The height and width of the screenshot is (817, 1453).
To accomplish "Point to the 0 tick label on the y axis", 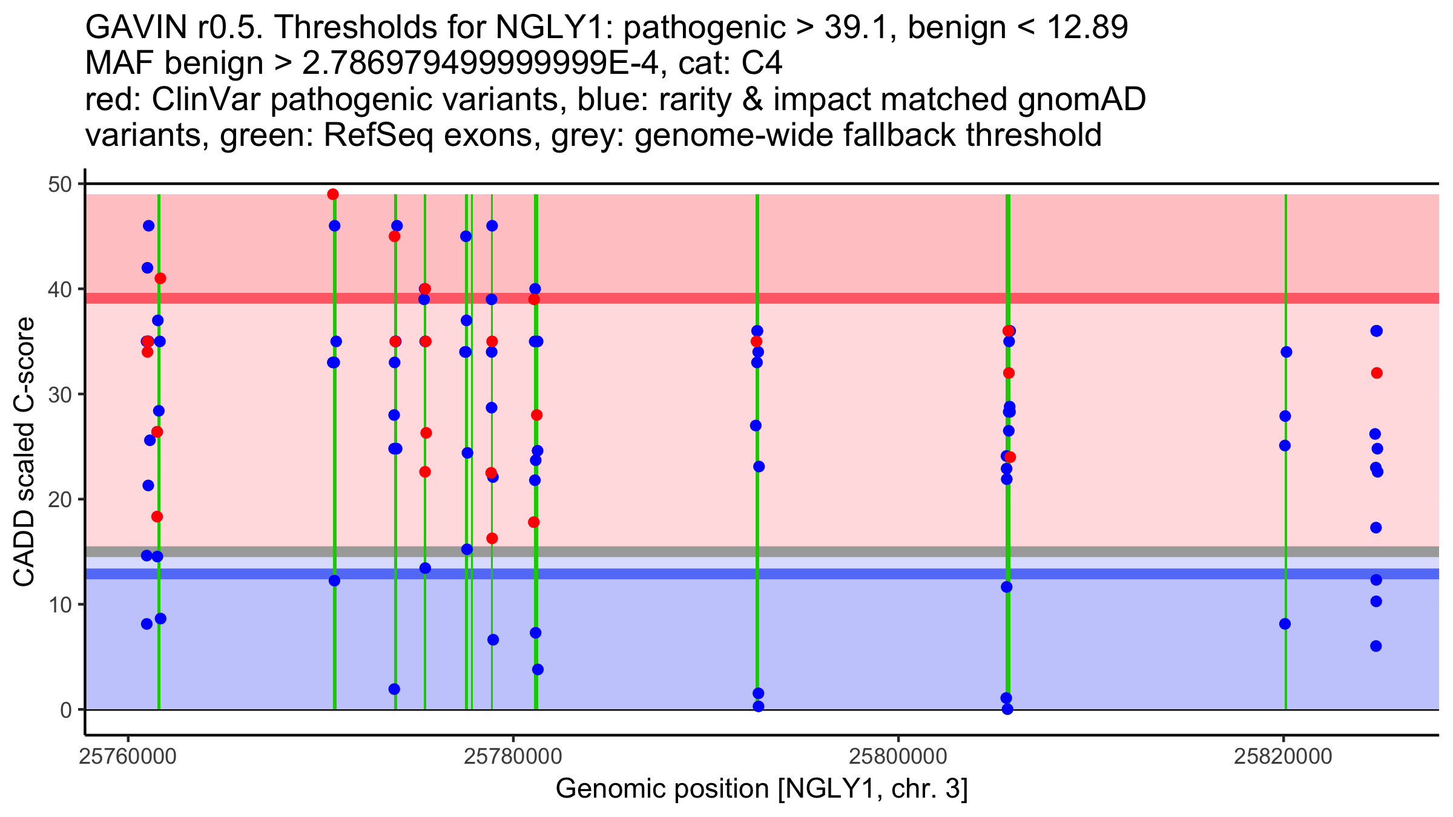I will (65, 710).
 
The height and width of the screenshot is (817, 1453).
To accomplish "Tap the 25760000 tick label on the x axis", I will (128, 756).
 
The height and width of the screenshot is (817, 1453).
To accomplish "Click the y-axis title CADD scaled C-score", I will (24, 452).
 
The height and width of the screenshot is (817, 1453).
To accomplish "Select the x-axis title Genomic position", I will (762, 789).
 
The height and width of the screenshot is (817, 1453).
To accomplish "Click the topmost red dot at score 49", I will (333, 194).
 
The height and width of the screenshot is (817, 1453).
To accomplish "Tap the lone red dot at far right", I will (1377, 373).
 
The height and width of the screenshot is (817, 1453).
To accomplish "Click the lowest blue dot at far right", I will (1376, 646).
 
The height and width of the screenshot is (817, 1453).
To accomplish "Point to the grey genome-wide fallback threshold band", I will (848, 551).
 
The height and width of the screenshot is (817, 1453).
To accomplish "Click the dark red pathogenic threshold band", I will (848, 298).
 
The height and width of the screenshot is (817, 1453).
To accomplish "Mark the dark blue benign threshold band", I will (848, 574).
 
